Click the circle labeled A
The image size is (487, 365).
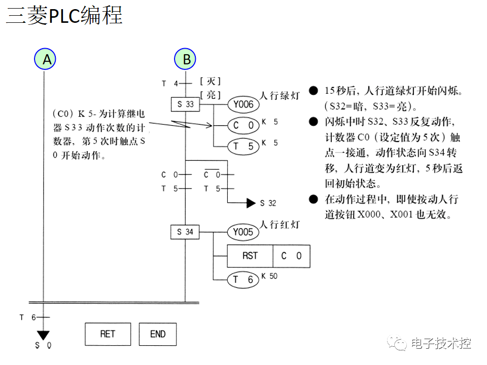(x=47, y=59)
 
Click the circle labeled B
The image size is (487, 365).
(x=187, y=59)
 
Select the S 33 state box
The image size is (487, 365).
(x=186, y=105)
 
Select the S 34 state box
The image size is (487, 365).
(x=185, y=232)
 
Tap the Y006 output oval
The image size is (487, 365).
(x=243, y=105)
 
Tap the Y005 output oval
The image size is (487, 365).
(x=243, y=232)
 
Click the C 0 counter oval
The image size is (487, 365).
(x=243, y=125)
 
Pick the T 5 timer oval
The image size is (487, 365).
(x=243, y=147)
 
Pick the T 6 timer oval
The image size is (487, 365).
(x=243, y=279)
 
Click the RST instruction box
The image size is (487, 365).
(x=250, y=256)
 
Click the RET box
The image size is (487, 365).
(x=108, y=334)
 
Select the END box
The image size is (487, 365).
(x=158, y=334)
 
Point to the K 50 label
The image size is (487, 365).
(x=269, y=276)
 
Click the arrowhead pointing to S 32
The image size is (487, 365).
(x=251, y=203)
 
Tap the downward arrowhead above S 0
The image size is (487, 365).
(x=44, y=335)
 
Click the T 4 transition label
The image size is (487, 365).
(x=170, y=83)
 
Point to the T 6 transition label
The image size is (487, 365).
(x=28, y=317)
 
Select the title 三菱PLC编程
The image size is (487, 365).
(x=64, y=16)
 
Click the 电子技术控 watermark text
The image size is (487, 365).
(x=441, y=343)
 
